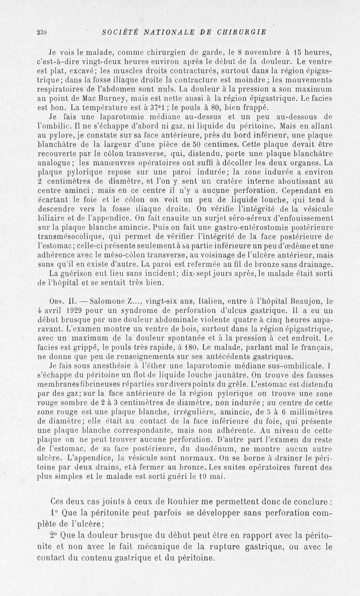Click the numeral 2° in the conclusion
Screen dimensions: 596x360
56,535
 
